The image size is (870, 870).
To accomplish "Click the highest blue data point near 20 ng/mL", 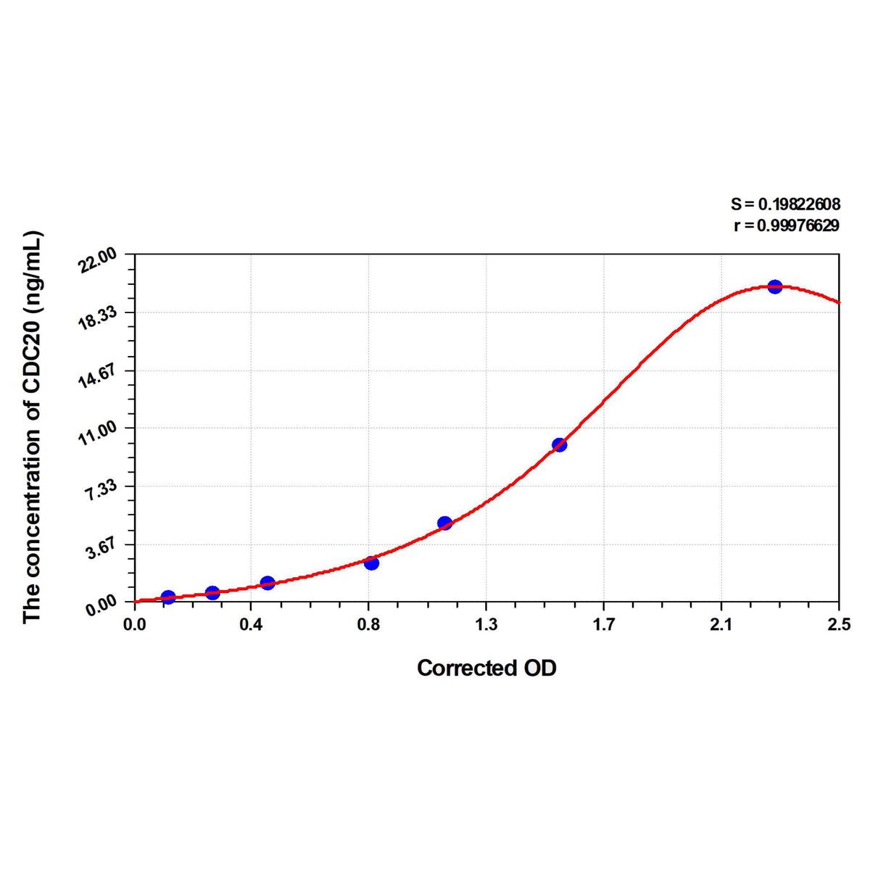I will [774, 287].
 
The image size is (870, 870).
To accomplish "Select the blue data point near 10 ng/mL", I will [559, 444].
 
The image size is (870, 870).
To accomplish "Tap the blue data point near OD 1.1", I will [444, 523].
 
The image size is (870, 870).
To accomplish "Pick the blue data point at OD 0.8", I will [371, 563].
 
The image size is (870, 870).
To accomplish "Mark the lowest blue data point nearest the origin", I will [168, 597].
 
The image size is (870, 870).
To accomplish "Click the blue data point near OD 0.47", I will [268, 583].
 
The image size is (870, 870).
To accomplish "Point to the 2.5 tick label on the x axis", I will [839, 623].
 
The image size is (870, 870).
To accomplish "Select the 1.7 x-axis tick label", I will [604, 623].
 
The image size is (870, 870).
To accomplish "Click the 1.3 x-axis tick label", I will [486, 623].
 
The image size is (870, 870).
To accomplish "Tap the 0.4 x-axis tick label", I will [251, 623].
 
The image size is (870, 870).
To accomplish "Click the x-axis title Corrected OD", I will [486, 668].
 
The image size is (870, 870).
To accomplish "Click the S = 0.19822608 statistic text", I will [785, 205].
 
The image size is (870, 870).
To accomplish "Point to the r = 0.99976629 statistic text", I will [787, 225].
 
